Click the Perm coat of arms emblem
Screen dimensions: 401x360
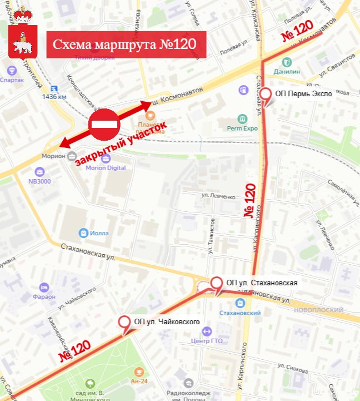tap(23, 34)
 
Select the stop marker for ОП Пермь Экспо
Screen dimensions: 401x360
tap(267, 96)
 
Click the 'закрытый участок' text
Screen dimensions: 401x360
tap(121, 144)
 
